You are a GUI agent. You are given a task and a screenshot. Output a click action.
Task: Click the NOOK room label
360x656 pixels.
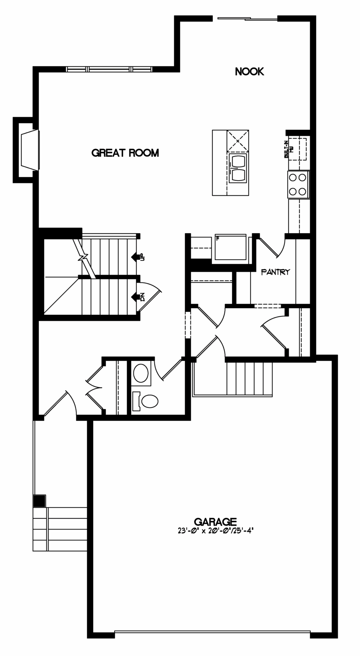coord(249,71)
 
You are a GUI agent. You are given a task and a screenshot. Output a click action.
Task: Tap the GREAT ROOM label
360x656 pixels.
coord(125,153)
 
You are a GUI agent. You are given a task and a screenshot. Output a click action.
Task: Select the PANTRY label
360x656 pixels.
coord(275,272)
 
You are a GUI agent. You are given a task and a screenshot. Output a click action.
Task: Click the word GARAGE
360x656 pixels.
coord(215,521)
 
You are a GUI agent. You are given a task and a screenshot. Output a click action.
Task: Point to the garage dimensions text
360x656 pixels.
coord(215,531)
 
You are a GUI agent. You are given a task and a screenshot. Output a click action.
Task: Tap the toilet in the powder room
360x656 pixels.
coord(145,401)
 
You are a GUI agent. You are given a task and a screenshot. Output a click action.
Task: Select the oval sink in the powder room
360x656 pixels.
coord(141,373)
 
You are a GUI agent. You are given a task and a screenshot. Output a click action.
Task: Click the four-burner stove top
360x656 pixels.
coord(298,185)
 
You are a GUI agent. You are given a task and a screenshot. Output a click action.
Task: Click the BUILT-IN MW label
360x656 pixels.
coord(289,150)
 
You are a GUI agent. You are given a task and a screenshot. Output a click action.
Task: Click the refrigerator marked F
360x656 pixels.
coord(230,247)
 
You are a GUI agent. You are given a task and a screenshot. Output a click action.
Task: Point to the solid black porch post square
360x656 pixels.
coord(40,501)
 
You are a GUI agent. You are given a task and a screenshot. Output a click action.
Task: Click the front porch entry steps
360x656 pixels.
coord(60,529)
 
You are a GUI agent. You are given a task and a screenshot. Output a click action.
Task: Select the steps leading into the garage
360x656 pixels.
coord(249,379)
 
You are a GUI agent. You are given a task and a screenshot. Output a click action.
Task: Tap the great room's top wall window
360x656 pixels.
coord(109,69)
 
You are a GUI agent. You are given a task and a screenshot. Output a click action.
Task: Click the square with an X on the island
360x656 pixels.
coord(237,141)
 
